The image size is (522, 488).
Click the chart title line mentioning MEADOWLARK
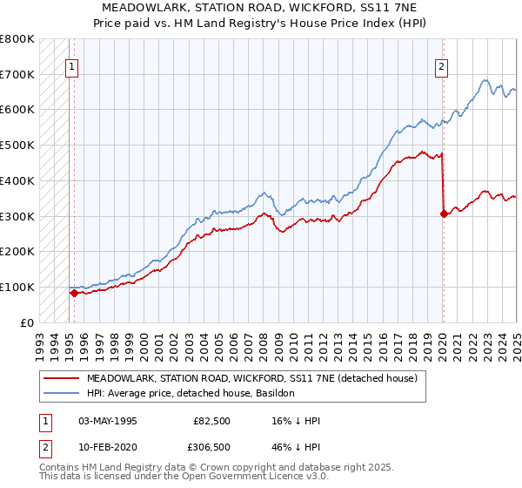point(261,9)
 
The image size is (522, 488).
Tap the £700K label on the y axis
point(17,74)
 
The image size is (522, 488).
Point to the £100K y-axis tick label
point(17,287)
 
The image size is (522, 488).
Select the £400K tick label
point(17,180)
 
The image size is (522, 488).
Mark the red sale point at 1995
point(74,293)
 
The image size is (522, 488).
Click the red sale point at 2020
point(444,213)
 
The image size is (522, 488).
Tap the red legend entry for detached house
point(252,378)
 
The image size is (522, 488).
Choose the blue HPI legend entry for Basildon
point(191,393)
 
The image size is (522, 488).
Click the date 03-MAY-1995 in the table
point(108,420)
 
